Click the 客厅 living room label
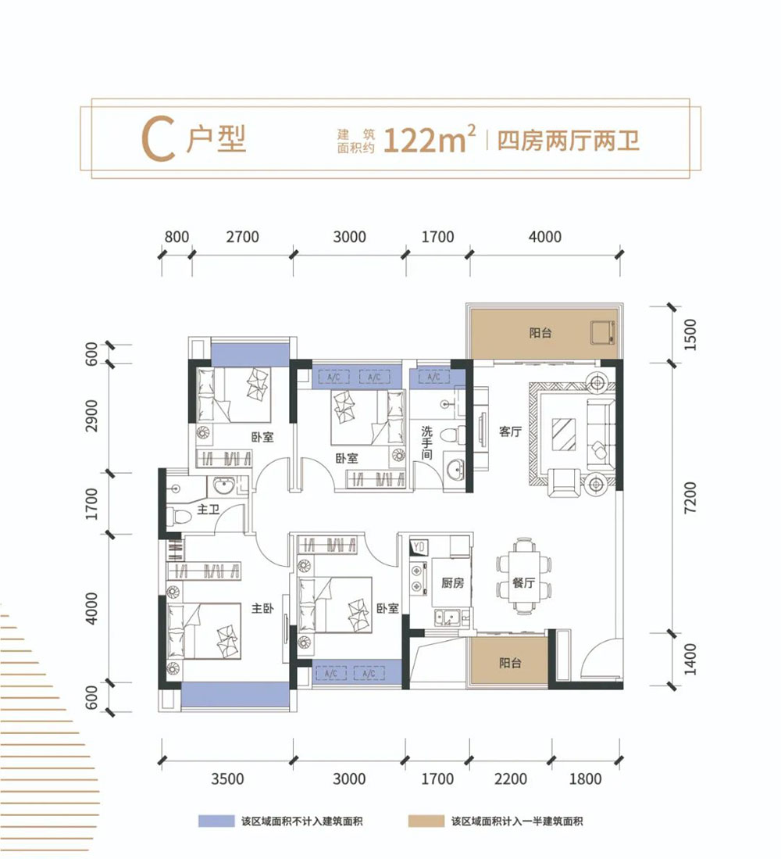tap(510, 431)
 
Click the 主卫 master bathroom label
tap(208, 509)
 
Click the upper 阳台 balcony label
tap(540, 333)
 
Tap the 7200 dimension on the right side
tap(687, 499)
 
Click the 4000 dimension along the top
tap(544, 237)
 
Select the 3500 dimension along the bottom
tap(227, 778)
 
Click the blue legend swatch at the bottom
tap(217, 821)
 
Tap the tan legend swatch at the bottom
tap(426, 821)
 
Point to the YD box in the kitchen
tap(418, 546)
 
